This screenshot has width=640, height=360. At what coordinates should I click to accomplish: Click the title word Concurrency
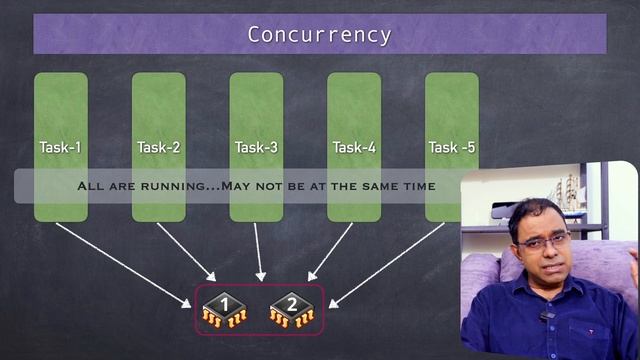[x=319, y=35]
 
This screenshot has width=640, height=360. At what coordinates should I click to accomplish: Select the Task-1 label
[x=60, y=148]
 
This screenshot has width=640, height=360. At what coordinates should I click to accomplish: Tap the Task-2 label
[x=158, y=148]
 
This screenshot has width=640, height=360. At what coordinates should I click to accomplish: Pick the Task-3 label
[x=256, y=148]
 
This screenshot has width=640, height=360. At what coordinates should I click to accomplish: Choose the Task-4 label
[x=354, y=148]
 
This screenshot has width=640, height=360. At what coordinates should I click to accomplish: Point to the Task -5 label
[x=452, y=148]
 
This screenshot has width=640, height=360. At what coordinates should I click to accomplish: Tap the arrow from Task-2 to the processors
[x=186, y=250]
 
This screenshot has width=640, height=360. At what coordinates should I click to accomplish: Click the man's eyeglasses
[x=544, y=240]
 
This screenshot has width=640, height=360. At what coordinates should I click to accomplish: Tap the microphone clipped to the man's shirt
[x=546, y=317]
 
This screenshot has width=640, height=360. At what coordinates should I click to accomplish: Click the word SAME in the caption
[x=363, y=186]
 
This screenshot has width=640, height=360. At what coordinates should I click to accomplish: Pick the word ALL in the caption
[x=92, y=186]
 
